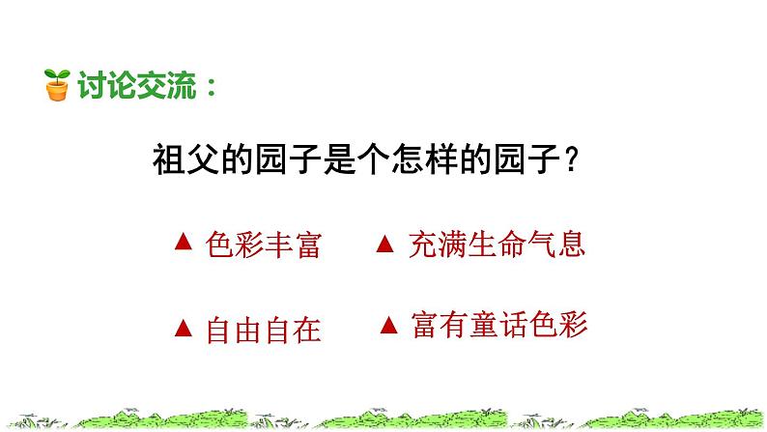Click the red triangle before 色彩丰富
coord(180,245)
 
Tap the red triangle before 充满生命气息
coord(383,245)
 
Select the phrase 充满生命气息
coord(497,245)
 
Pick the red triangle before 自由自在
coord(180,329)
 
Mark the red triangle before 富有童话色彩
coord(387,324)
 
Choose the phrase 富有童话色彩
coord(498,323)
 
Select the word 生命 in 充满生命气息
coord(497,245)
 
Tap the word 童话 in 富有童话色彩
coord(498,323)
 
